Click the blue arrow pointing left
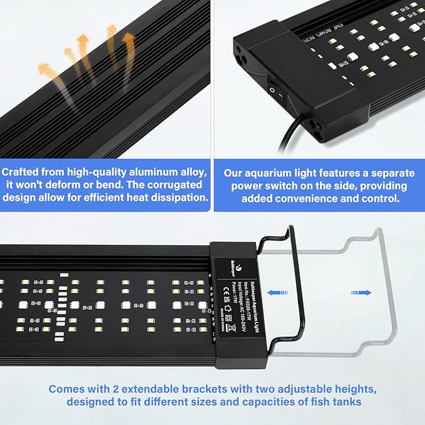pyautogui.click(x=279, y=292)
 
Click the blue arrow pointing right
pyautogui.click(x=361, y=292)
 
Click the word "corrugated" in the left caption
pyautogui.click(x=172, y=184)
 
